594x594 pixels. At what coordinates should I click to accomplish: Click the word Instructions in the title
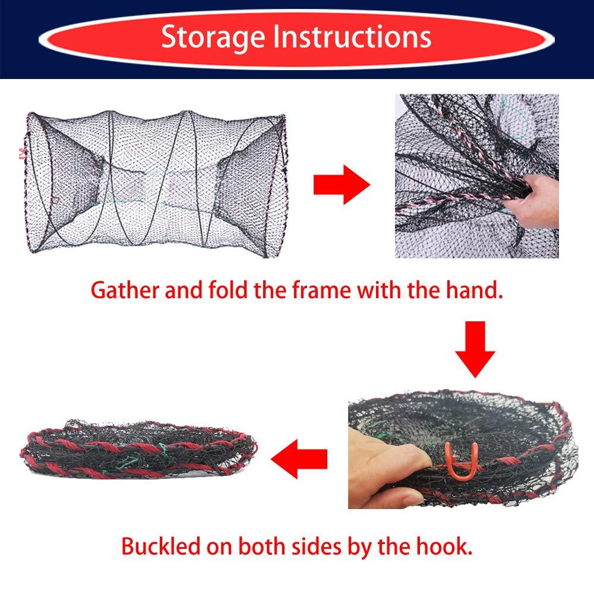349,36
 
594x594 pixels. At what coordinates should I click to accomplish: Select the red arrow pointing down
475,350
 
